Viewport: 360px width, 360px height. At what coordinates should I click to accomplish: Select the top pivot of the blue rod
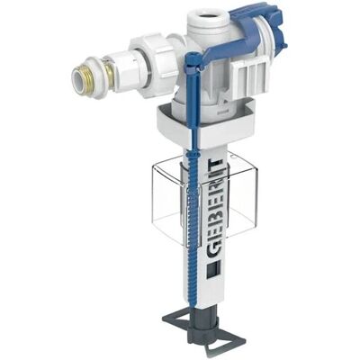(193, 58)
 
